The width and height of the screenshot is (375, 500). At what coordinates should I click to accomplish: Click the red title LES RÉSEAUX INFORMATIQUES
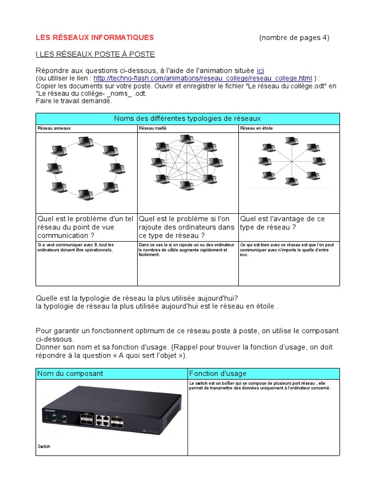(95, 38)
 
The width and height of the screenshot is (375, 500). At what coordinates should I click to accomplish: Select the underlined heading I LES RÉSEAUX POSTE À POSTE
(95, 54)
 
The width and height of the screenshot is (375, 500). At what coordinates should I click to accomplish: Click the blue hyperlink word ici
(260, 71)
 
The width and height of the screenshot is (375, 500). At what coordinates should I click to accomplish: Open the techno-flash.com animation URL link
(203, 78)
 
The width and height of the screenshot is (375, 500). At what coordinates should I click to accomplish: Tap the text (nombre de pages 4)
(294, 38)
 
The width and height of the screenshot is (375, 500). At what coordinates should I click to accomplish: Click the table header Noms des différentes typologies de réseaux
(187, 119)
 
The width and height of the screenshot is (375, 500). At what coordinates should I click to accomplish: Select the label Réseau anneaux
(54, 128)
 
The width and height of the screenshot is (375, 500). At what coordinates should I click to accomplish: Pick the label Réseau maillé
(152, 128)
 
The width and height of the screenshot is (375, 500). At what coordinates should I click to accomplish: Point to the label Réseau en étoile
(256, 128)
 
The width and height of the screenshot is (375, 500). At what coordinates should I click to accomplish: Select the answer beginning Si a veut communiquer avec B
(76, 247)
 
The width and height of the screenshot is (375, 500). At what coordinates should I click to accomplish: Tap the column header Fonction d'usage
(218, 374)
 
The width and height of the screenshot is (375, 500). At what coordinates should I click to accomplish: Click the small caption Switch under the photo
(44, 446)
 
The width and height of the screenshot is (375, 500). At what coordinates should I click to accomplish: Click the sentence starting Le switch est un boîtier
(260, 386)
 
